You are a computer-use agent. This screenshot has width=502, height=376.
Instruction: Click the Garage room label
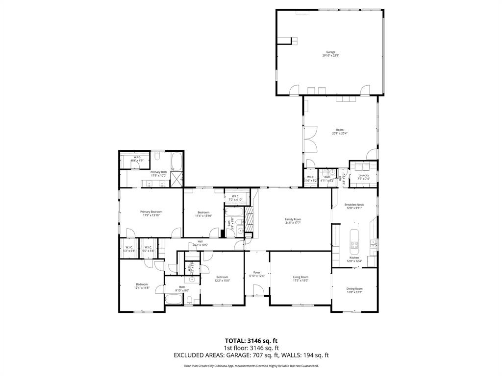(330, 53)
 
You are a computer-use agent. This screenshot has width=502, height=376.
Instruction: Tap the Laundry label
(363, 177)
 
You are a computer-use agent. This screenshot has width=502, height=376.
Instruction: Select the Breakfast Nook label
(354, 206)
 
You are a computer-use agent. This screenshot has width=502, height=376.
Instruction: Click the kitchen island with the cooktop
(354, 238)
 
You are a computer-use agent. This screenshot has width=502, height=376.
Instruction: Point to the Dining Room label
(354, 290)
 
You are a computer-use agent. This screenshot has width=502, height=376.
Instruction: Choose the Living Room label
(300, 279)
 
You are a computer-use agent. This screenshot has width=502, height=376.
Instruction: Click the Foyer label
(256, 274)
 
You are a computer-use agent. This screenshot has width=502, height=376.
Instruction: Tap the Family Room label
(293, 221)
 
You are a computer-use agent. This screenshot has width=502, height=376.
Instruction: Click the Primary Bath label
(158, 173)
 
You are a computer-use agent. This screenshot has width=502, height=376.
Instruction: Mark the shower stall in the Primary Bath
(175, 181)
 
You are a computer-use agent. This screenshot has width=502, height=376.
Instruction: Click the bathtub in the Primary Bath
(176, 160)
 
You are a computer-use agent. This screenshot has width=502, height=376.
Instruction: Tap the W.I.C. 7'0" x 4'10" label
(234, 198)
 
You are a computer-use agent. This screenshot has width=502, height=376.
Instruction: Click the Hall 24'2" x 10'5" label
(200, 243)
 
